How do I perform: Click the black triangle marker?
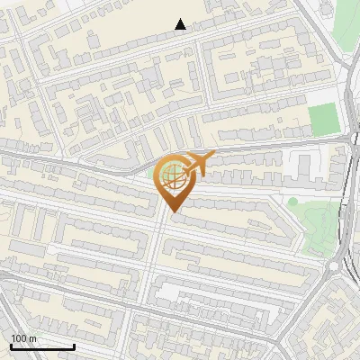181,24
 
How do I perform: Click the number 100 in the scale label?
19,338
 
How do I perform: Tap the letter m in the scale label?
33,338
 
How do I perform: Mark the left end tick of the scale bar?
11,346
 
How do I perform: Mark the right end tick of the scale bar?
74,346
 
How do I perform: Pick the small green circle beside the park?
292,202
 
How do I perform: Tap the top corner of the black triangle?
181,19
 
